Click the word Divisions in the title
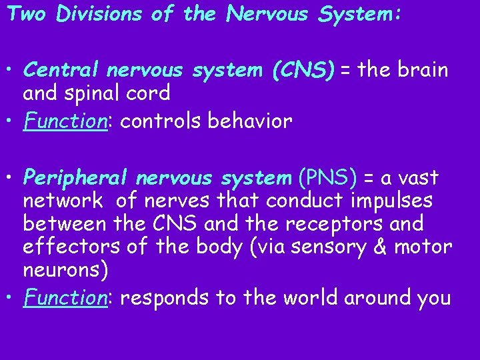click(99, 14)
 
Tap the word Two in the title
click(27, 14)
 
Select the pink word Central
click(59, 70)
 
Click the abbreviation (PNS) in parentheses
click(327, 178)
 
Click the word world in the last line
click(315, 297)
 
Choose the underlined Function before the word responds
click(65, 297)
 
